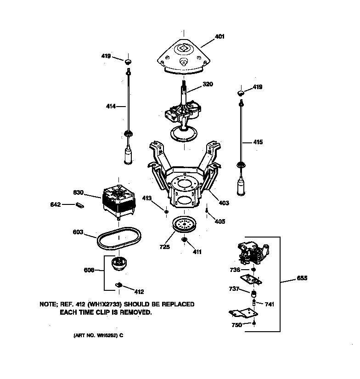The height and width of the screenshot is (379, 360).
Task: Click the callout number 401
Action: point(220,37)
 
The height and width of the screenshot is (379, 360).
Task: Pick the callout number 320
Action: point(208,85)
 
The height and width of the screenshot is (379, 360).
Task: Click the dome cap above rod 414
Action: point(129,61)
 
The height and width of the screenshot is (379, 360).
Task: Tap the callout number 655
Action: point(302,278)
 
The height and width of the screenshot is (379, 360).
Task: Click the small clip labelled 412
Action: point(118,286)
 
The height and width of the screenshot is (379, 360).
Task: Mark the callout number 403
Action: point(224,203)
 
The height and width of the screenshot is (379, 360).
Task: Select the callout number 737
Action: point(234,289)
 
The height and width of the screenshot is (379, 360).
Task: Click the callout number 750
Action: point(236,325)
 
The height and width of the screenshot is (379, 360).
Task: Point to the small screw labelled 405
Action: point(207,211)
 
